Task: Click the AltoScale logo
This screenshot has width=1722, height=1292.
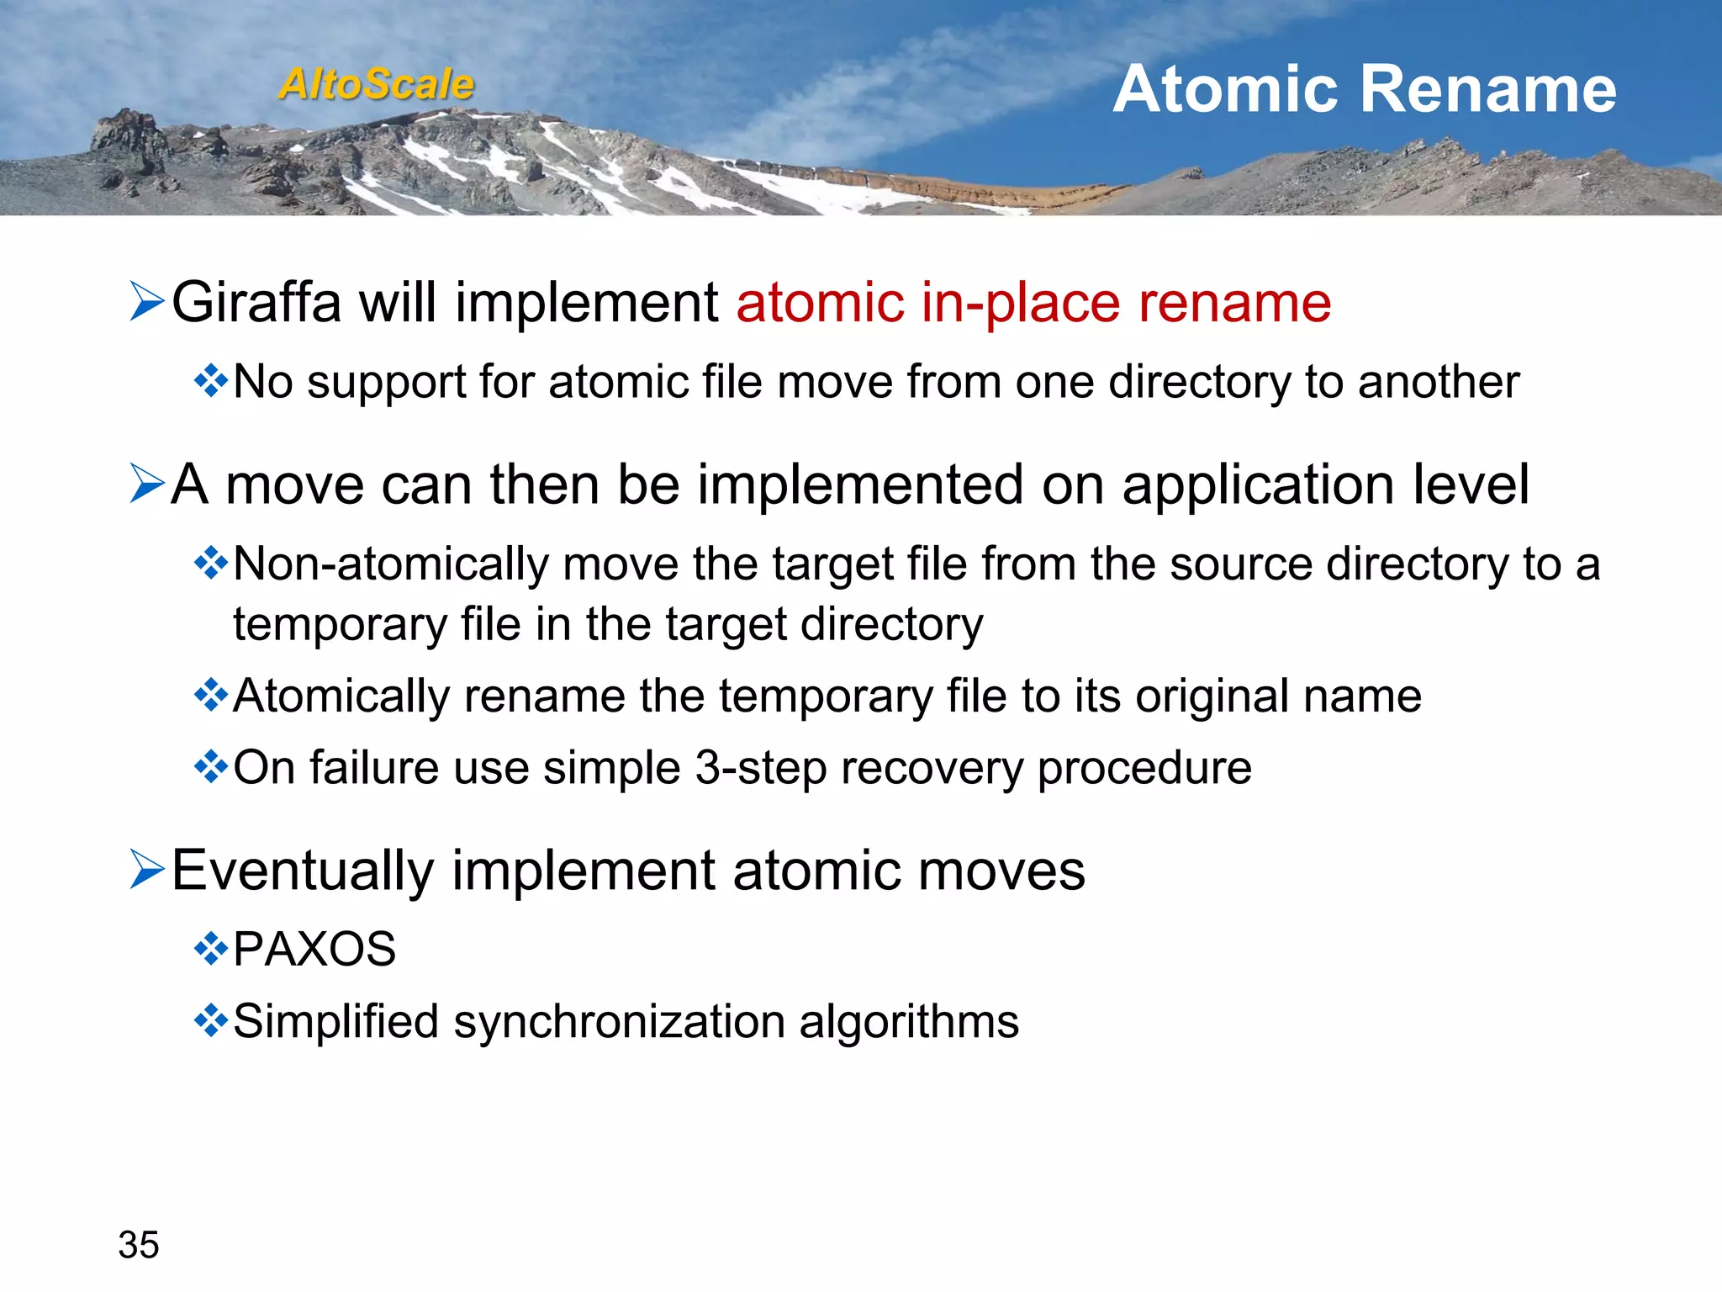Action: coord(376,84)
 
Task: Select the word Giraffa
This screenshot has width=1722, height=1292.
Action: coord(256,302)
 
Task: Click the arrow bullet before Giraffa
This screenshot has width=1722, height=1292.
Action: coord(146,302)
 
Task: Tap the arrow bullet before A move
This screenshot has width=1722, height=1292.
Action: coord(146,484)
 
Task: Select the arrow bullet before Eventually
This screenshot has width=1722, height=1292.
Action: coord(146,870)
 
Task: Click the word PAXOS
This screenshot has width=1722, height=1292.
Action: coord(314,950)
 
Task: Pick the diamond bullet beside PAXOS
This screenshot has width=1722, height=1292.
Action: coord(210,950)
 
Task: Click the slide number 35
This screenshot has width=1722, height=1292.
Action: coord(139,1245)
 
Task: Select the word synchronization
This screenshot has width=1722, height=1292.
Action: coord(618,1022)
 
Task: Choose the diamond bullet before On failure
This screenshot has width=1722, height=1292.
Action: coord(210,767)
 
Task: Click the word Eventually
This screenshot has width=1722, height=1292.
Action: coord(303,871)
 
